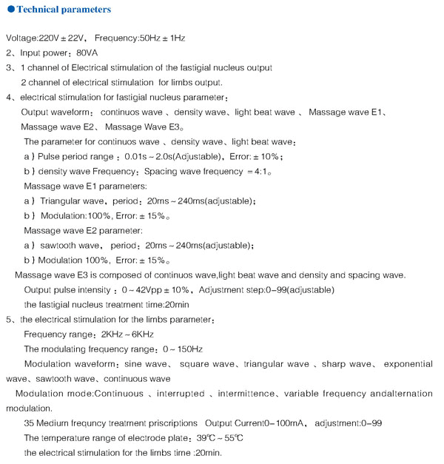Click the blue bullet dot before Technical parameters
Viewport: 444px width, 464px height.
(x=10, y=10)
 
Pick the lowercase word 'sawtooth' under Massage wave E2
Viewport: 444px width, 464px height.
(x=67, y=245)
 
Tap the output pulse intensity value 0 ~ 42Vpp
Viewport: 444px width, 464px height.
(x=155, y=289)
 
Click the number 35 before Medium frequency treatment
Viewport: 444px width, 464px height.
(x=30, y=423)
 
